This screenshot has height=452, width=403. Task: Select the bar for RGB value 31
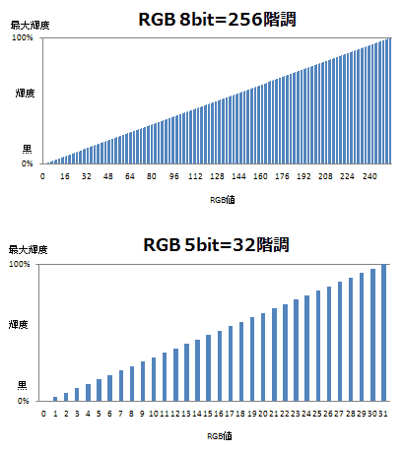pos(384,333)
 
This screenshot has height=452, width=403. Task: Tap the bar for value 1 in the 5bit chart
pos(55,399)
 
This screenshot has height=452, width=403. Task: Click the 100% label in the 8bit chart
pos(22,37)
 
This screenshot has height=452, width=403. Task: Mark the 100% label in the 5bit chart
pos(22,265)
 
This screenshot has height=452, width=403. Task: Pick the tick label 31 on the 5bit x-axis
pos(384,415)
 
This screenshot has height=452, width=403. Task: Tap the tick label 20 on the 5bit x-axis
pos(263,415)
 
